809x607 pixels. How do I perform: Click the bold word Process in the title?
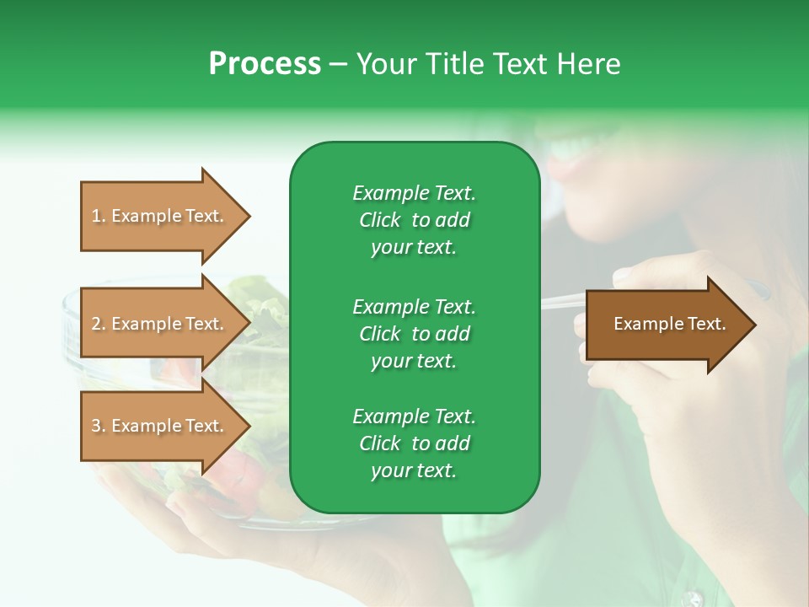pos(265,64)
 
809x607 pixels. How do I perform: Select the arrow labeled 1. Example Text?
pos(160,216)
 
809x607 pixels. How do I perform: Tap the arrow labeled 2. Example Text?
pos(160,324)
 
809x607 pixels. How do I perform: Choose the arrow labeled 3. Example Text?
pos(160,426)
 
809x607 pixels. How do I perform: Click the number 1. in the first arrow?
pos(99,216)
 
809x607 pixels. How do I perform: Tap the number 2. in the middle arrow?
pos(99,324)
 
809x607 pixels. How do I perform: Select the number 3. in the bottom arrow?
pos(99,426)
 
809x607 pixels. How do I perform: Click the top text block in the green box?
pos(414,220)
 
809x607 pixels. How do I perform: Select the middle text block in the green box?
pos(414,334)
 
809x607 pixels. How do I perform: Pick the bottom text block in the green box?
pos(414,443)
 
